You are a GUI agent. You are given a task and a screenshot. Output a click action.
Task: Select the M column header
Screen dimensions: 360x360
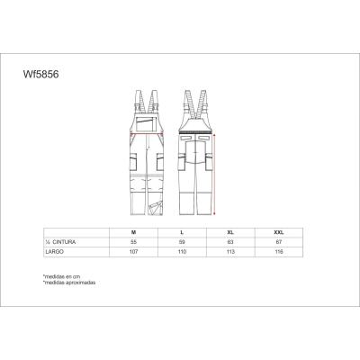click(133, 231)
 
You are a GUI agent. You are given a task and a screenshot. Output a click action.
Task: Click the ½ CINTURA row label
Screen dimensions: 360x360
click(59, 241)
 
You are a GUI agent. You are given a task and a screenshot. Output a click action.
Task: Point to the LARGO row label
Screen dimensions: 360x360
click(55, 252)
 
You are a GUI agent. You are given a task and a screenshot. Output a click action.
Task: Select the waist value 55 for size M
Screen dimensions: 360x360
click(133, 241)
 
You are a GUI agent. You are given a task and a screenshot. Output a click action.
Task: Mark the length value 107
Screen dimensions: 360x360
click(133, 252)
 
